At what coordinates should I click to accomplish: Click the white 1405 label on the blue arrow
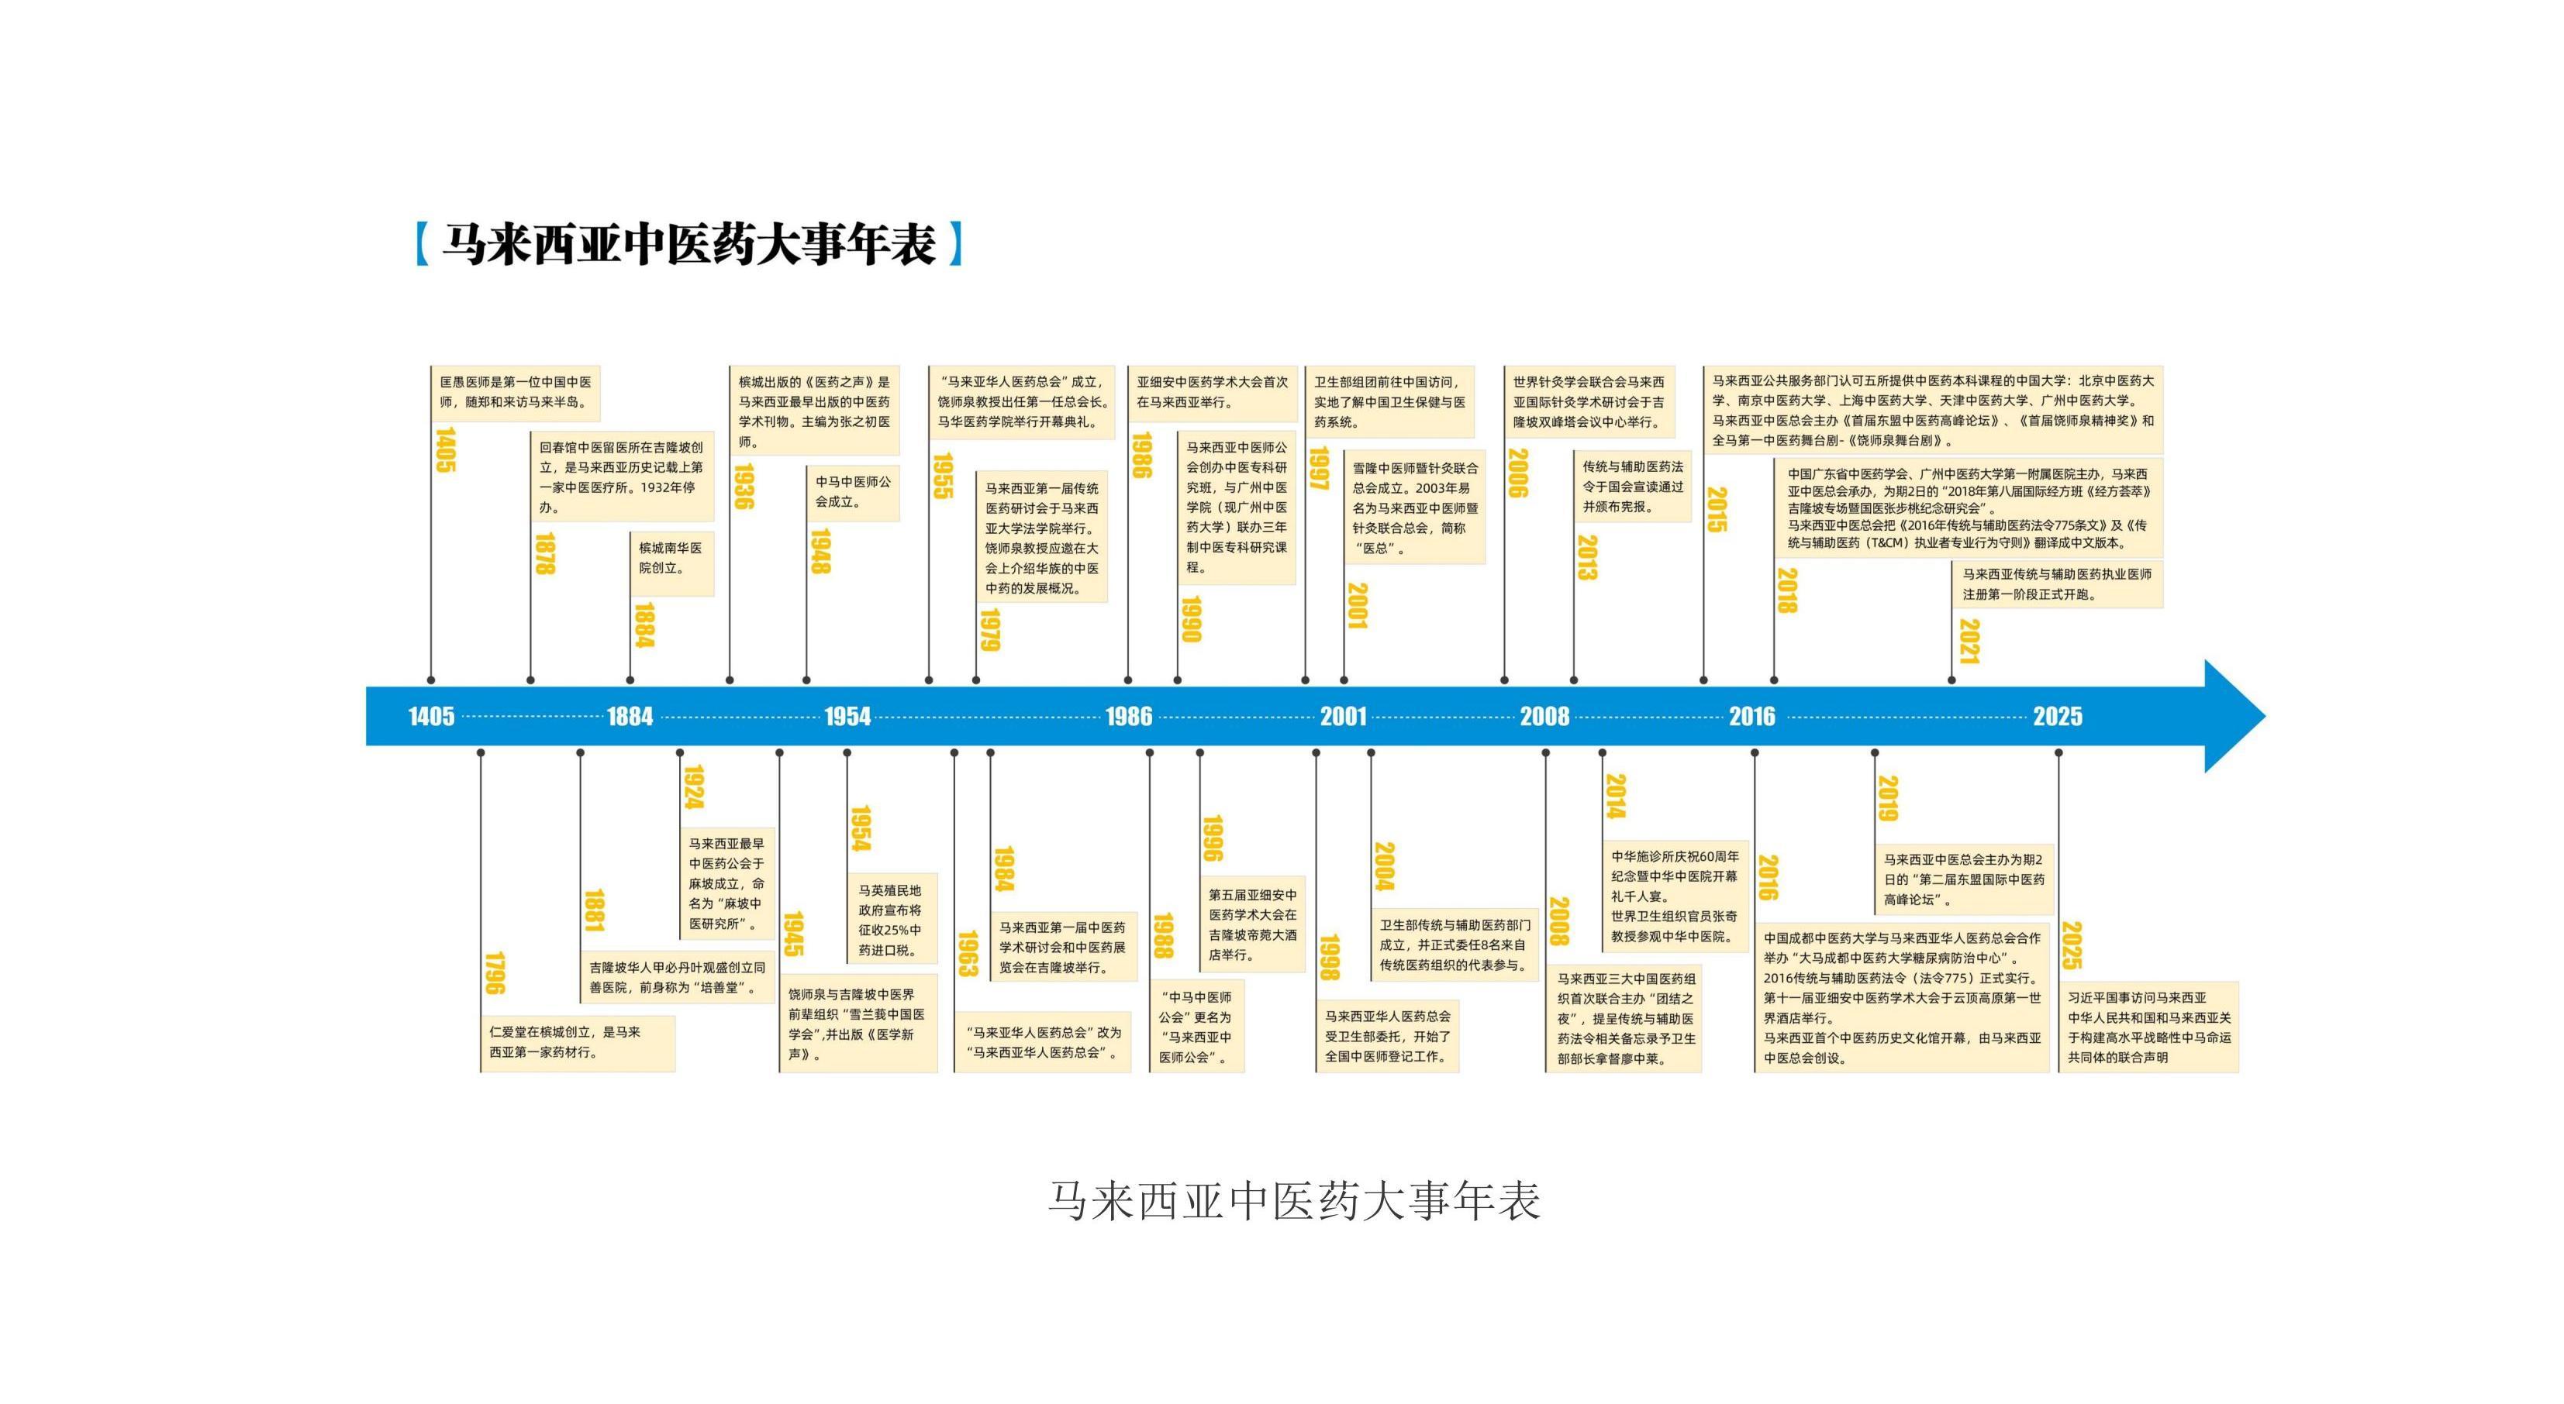coord(431,717)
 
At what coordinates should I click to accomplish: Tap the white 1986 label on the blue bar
coord(1129,717)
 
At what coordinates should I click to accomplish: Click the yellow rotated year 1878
coord(544,554)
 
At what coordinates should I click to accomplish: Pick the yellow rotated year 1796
coord(495,973)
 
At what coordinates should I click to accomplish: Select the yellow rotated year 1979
coord(989,630)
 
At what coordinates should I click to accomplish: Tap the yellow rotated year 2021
coord(1969,642)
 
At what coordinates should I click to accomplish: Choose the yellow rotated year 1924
coord(694,788)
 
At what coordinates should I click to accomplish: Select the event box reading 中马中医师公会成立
coord(854,491)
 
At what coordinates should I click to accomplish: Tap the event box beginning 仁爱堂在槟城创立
coord(578,1043)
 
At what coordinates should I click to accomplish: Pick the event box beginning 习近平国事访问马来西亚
coord(2148,1027)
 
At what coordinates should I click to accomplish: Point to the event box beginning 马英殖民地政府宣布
coord(891,921)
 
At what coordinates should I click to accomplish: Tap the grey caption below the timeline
coord(1294,1201)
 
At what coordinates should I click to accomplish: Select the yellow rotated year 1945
coord(793,934)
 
